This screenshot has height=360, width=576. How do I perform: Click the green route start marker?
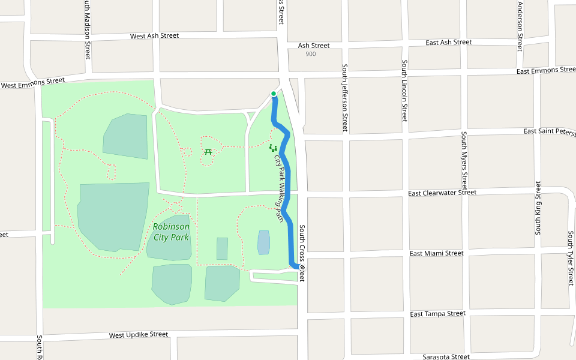pyautogui.click(x=274, y=94)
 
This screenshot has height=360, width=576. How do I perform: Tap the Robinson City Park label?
pyautogui.click(x=171, y=232)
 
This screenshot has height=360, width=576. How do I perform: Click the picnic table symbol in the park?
pyautogui.click(x=208, y=151)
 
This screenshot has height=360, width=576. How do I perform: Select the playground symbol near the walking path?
pyautogui.click(x=272, y=148)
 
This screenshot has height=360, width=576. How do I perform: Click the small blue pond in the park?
pyautogui.click(x=263, y=242)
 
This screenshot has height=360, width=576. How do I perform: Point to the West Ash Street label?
pyautogui.click(x=155, y=36)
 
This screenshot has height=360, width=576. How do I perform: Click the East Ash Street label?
pyautogui.click(x=448, y=43)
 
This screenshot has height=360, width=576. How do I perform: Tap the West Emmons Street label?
pyautogui.click(x=32, y=83)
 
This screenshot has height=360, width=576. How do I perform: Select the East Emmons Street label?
pyautogui.click(x=545, y=71)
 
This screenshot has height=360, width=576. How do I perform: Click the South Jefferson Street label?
pyautogui.click(x=344, y=98)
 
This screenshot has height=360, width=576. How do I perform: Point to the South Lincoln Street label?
pyautogui.click(x=404, y=91)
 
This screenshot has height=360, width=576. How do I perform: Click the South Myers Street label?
pyautogui.click(x=464, y=160)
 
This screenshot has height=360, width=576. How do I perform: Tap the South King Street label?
pyautogui.click(x=538, y=208)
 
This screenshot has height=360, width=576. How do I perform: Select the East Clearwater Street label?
pyautogui.click(x=442, y=193)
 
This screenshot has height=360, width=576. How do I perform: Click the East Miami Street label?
pyautogui.click(x=436, y=253)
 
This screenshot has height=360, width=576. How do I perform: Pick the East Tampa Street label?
pyautogui.click(x=437, y=314)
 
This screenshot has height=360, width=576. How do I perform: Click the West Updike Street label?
pyautogui.click(x=139, y=334)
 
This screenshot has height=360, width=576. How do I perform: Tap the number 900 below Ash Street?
pyautogui.click(x=310, y=54)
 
